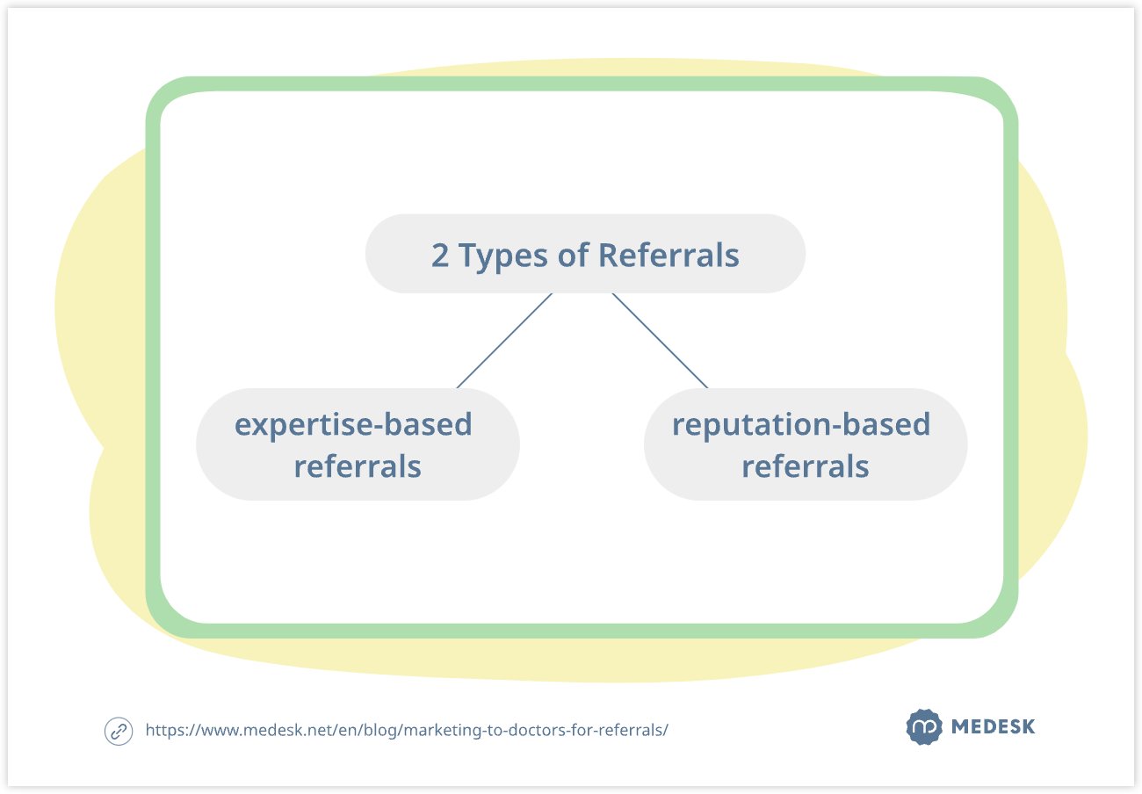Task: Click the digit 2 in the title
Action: [439, 256]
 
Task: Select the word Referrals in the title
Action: [669, 256]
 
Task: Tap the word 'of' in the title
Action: [574, 256]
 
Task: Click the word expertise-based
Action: [353, 425]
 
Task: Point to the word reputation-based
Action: [800, 425]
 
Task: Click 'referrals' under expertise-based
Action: [358, 466]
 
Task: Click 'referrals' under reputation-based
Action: [806, 466]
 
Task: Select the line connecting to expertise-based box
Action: [504, 341]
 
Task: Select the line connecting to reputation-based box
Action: [660, 341]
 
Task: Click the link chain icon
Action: [118, 731]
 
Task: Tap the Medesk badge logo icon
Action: [922, 727]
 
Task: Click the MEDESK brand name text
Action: [993, 727]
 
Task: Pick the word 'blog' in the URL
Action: [379, 730]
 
